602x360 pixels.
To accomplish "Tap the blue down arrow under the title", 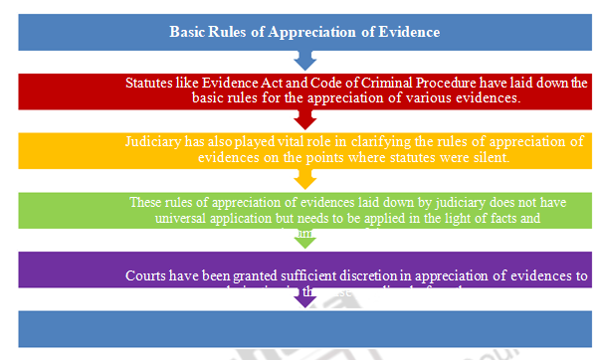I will (x=305, y=63).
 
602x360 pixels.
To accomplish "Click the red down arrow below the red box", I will (x=305, y=120).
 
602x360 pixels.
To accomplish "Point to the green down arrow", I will (x=305, y=239).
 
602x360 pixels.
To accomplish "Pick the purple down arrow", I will (x=305, y=298).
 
